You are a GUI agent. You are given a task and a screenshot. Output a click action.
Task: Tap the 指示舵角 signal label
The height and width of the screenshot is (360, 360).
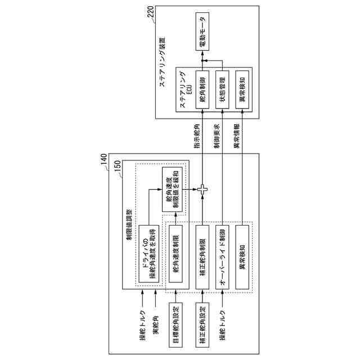coord(195,137)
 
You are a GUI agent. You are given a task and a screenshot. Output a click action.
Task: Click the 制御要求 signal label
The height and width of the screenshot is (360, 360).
coord(216,137)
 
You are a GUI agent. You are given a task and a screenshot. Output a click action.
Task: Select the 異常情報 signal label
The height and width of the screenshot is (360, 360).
coord(236,137)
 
